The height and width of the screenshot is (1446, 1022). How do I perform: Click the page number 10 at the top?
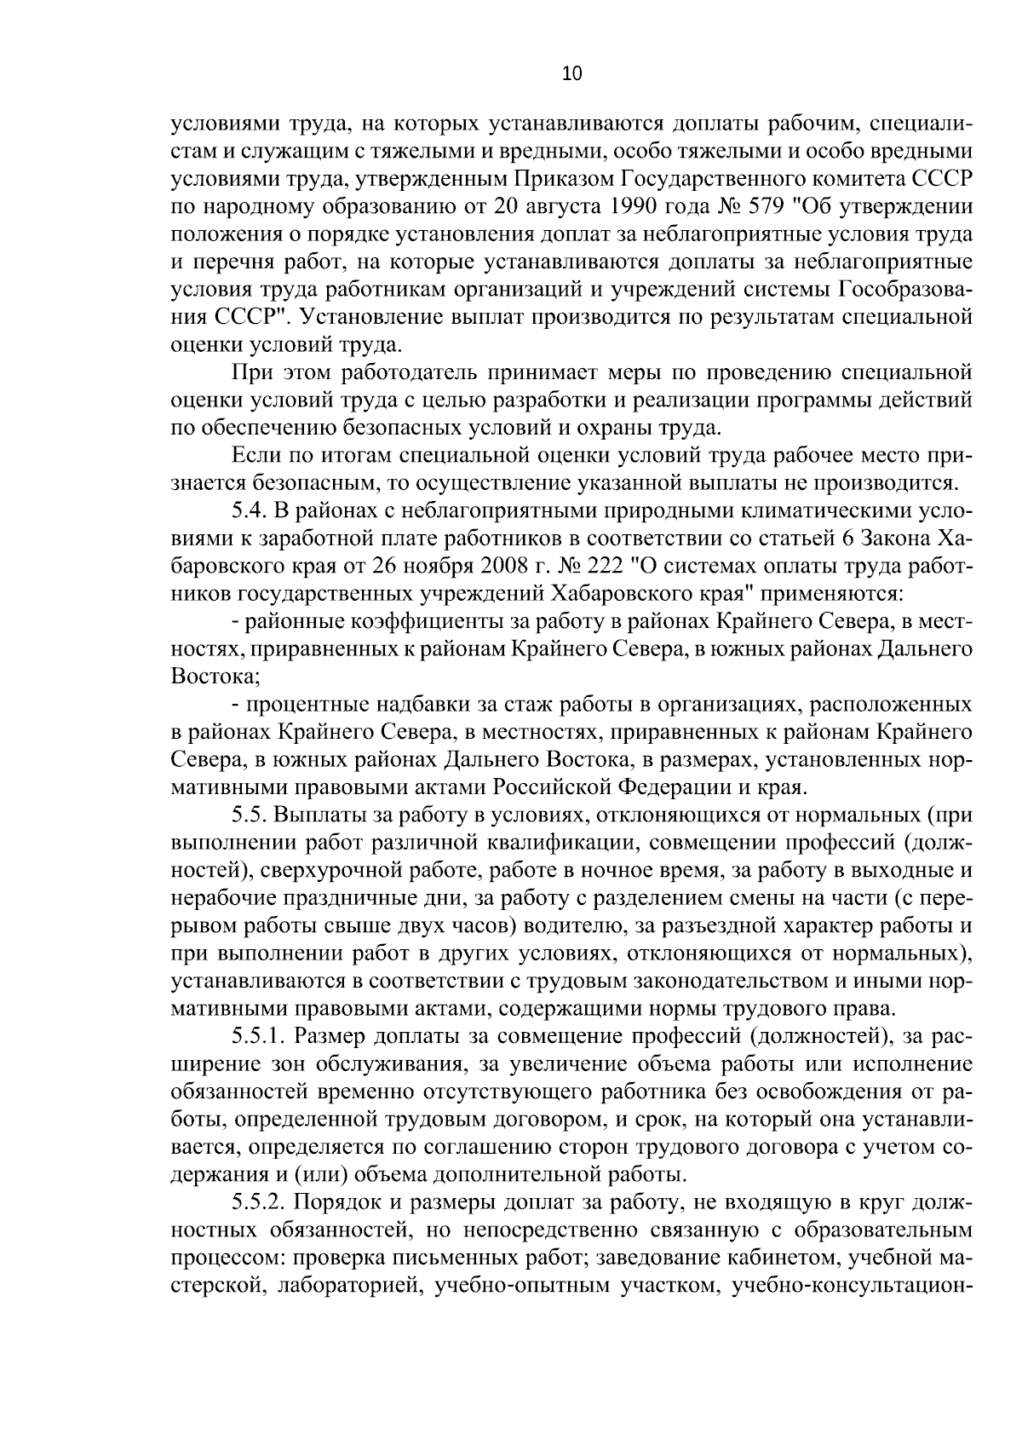(x=571, y=74)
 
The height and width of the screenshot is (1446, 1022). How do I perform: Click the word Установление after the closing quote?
(x=370, y=318)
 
